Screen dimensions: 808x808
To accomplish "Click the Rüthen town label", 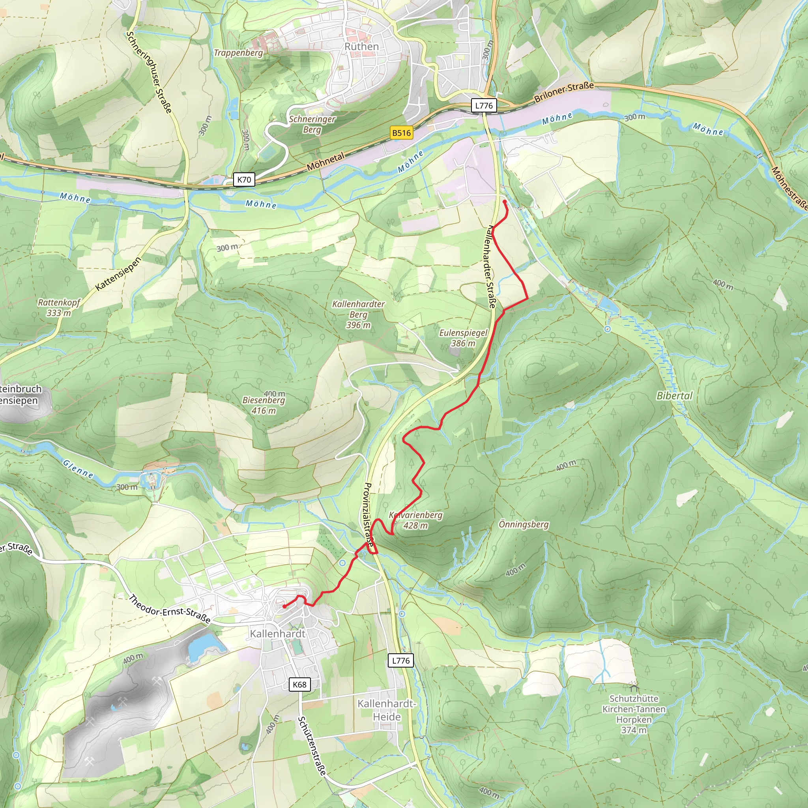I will pos(361,47).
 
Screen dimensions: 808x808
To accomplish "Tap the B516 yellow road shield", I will pos(401,133).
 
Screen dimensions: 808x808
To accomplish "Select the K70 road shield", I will pos(244,180).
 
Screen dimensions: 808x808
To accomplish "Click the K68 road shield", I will pos(299,685).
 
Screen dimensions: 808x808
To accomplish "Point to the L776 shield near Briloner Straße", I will pos(484,106).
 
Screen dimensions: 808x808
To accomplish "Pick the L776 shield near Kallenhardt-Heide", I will pos(401,660).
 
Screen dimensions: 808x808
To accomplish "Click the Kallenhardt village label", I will pos(278,634).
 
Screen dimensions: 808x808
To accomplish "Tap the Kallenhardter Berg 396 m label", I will pos(358,314).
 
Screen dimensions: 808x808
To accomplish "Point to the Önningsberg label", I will pos(524,524).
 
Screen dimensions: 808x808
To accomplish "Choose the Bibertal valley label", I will pos(674,396).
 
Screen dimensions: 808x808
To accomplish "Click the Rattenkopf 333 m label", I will pos(58,307).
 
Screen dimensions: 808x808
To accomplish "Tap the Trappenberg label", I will pos(238,53).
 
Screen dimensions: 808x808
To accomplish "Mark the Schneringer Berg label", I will pos(312,124).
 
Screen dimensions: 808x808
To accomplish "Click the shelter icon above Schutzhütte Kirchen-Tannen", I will pos(634,688).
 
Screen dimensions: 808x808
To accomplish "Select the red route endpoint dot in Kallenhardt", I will pos(284,606).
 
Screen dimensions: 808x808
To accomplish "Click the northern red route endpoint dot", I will pos(504,202).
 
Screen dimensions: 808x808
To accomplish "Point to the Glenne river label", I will pos(78,469).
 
